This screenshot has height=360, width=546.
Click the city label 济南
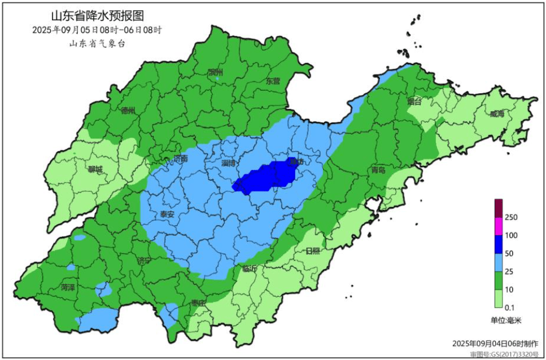click(x=180, y=159)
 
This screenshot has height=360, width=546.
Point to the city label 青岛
click(x=378, y=170)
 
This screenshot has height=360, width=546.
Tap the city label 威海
click(x=497, y=114)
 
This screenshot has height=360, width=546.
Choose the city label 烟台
click(x=414, y=102)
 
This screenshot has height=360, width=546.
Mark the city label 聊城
click(x=95, y=169)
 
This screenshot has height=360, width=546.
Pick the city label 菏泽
click(x=68, y=287)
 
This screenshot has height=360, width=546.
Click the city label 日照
click(x=312, y=251)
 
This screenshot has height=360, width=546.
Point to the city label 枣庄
click(x=198, y=303)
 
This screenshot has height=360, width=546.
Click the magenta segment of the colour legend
click(x=499, y=226)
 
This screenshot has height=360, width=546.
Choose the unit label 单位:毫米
click(x=506, y=320)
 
